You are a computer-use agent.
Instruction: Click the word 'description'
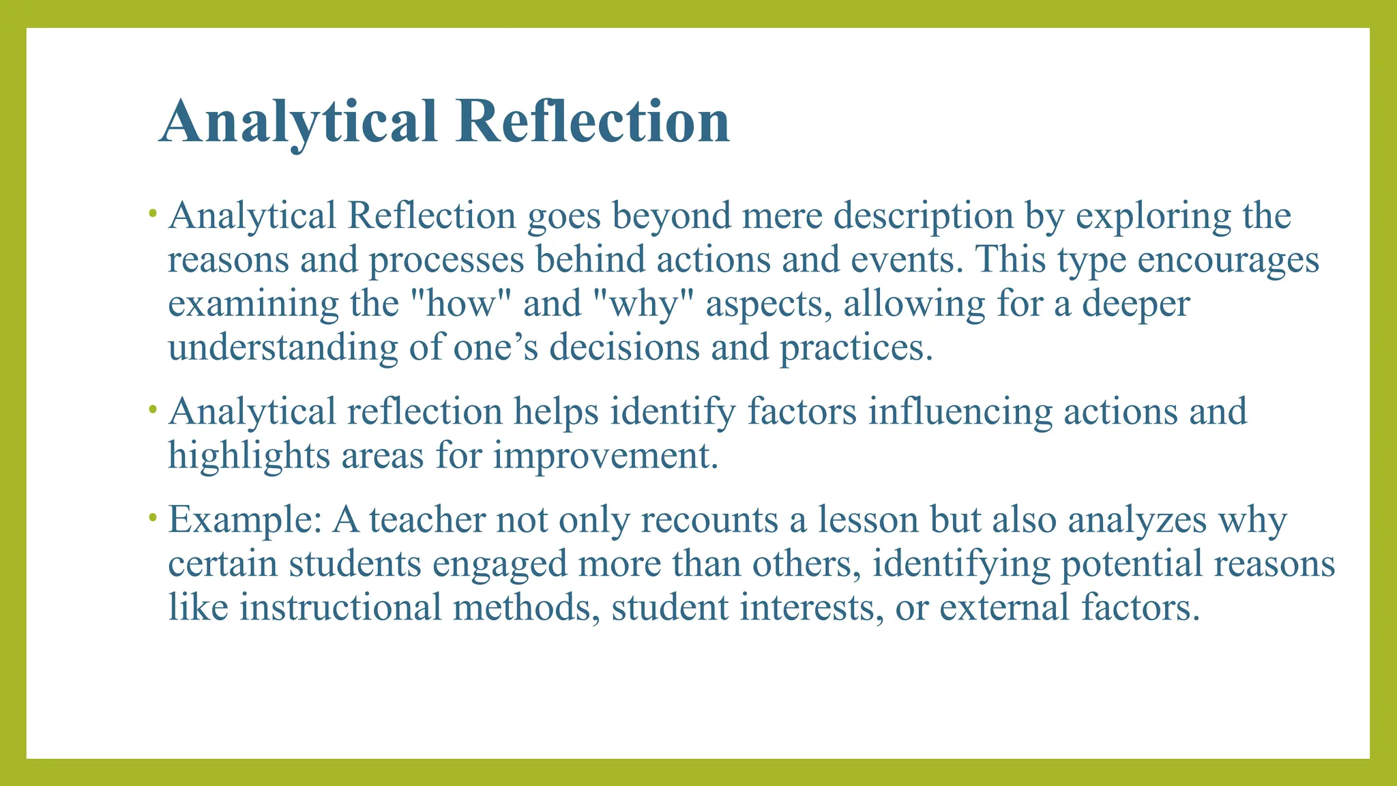tap(923, 216)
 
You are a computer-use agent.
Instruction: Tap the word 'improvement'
tap(606, 456)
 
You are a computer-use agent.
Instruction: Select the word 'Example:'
tap(245, 520)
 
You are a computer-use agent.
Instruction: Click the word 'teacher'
tap(427, 520)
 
